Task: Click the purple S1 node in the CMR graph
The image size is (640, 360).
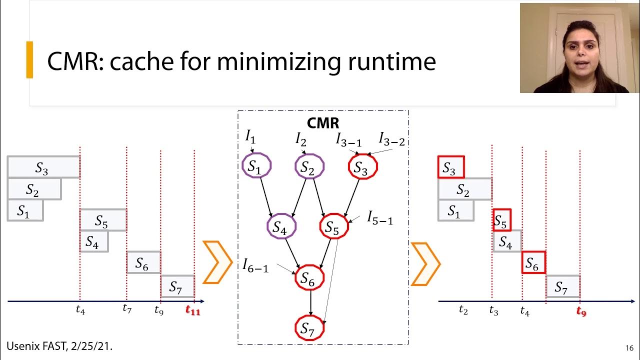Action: [x=256, y=166]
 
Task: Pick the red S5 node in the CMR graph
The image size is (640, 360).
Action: [x=333, y=227]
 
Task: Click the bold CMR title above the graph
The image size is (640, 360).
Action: [x=322, y=123]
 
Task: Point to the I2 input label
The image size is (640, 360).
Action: [x=300, y=139]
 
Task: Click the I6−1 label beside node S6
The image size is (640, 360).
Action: [x=255, y=265]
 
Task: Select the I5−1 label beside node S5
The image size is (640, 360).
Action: [x=380, y=217]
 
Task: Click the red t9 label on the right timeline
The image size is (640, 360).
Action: [x=581, y=311]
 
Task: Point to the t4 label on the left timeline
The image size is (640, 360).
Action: [x=80, y=310]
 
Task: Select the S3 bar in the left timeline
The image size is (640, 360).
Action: [x=43, y=167]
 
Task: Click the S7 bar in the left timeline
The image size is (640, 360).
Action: [x=177, y=286]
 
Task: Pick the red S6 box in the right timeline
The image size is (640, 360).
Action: [x=533, y=262]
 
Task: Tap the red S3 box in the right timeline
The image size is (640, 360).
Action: [x=450, y=167]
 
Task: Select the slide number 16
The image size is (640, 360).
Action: [x=629, y=348]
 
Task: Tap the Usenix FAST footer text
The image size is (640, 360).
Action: [x=59, y=345]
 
